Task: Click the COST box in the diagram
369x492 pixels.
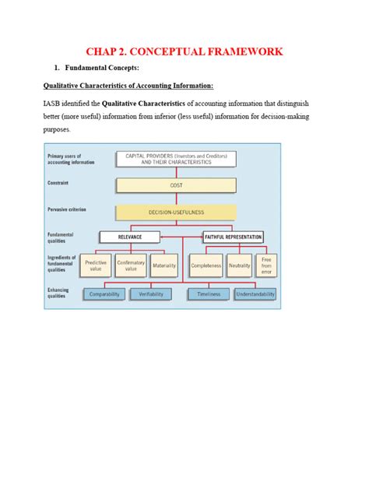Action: pos(176,186)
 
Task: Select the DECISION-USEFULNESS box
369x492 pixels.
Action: pos(176,212)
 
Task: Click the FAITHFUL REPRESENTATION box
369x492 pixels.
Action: pos(233,237)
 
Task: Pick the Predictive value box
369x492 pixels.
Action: pos(96,265)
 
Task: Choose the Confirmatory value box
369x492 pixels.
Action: pos(131,265)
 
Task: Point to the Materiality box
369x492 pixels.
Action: pos(164,265)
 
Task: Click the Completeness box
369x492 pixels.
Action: pos(206,265)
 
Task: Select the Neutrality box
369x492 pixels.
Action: pos(240,265)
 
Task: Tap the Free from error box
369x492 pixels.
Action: pos(266,265)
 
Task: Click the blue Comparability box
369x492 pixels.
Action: pos(104,293)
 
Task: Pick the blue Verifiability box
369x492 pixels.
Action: pos(150,293)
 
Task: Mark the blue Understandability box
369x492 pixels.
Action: pos(255,293)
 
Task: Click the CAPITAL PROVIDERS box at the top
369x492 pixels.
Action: pos(176,159)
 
